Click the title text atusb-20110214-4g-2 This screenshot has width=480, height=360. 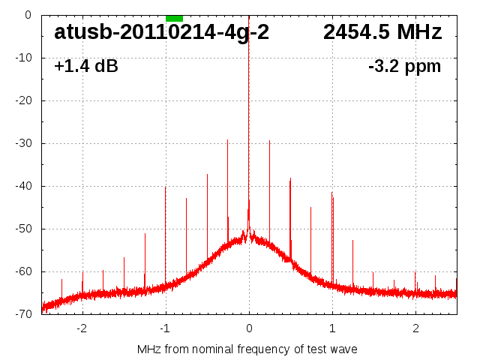click(161, 32)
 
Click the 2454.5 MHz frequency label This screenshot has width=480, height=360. click(382, 32)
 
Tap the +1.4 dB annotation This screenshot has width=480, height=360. click(86, 67)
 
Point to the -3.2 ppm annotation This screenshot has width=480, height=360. click(404, 67)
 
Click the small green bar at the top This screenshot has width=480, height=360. click(174, 18)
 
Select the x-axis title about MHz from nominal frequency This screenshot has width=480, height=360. click(247, 349)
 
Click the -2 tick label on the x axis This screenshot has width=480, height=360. click(82, 328)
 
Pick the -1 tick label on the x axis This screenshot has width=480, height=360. click(165, 328)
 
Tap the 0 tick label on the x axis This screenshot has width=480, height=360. click(249, 328)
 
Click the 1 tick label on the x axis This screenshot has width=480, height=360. click(332, 328)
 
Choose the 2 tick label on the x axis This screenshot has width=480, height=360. click(415, 328)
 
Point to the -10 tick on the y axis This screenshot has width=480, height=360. click(24, 58)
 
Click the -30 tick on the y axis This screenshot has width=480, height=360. click(24, 143)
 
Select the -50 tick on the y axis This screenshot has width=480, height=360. click(24, 229)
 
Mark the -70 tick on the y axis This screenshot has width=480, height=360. click(24, 314)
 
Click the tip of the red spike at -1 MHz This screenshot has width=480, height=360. click(166, 187)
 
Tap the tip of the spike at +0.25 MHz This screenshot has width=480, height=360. click(270, 140)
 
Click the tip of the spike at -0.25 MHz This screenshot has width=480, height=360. click(228, 139)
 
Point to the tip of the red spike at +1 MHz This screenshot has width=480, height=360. click(332, 192)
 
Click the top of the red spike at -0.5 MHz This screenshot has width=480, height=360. click(207, 174)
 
